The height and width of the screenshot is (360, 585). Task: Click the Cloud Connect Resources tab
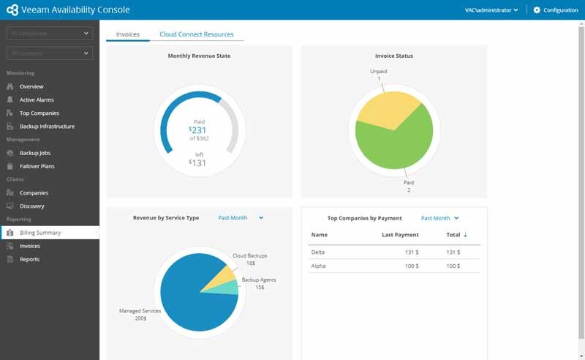[196, 34]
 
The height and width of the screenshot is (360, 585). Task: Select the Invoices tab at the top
[128, 34]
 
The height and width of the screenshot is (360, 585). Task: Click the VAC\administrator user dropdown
[491, 10]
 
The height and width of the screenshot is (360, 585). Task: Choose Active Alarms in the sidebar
[37, 100]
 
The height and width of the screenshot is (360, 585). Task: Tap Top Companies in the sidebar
[39, 113]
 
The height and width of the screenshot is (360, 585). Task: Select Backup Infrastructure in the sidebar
[47, 127]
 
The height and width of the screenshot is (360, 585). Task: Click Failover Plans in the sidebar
[37, 166]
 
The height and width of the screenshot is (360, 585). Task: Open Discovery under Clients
[32, 206]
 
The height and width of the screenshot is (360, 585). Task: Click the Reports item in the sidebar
[29, 259]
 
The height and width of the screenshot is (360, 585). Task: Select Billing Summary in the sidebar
[40, 233]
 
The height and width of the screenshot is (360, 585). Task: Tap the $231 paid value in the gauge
[199, 130]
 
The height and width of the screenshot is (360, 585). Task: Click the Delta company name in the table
[318, 252]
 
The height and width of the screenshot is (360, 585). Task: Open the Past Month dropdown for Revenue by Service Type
[241, 218]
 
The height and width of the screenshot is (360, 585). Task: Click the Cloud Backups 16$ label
[249, 259]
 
